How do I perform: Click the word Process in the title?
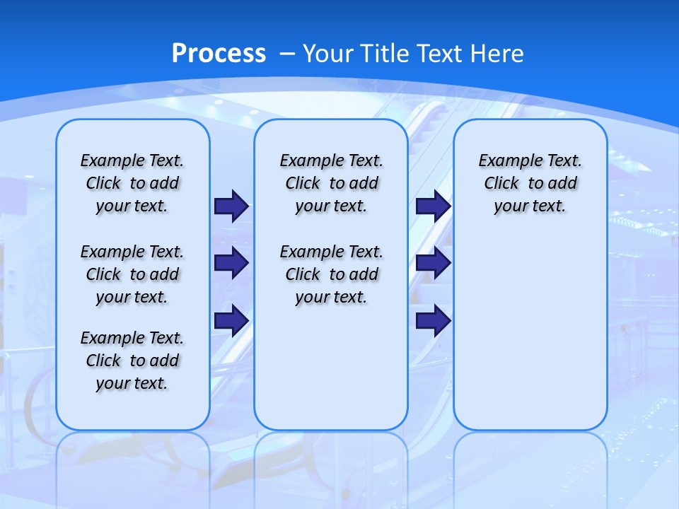point(219,53)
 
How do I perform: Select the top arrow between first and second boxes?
point(231,206)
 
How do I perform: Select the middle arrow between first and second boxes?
point(231,263)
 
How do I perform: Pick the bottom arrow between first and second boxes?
point(231,321)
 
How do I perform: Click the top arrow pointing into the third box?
point(433,206)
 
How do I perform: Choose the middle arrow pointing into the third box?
point(433,263)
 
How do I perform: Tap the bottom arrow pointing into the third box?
point(433,321)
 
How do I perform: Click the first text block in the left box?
point(132,183)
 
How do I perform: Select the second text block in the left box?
point(132,274)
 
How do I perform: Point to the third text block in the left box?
point(132,361)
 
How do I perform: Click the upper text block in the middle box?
point(331,183)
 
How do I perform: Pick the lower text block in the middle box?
point(331,274)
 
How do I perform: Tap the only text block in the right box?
point(530,183)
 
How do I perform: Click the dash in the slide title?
point(288,54)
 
